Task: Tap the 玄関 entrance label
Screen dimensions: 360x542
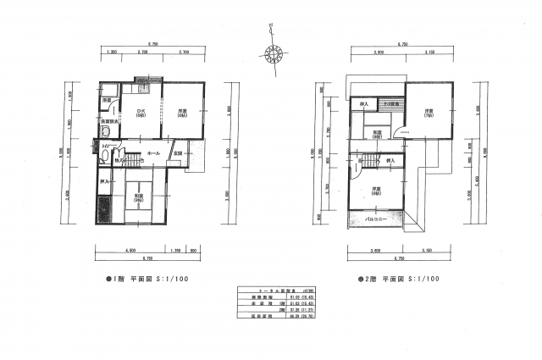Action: [178, 152]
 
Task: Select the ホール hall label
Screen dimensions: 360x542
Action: [153, 153]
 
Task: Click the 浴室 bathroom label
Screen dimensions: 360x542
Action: [107, 101]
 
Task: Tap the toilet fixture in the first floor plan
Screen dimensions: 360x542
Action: [104, 157]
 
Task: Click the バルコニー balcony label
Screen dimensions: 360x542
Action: [376, 219]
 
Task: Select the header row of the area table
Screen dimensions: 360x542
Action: [270, 290]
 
